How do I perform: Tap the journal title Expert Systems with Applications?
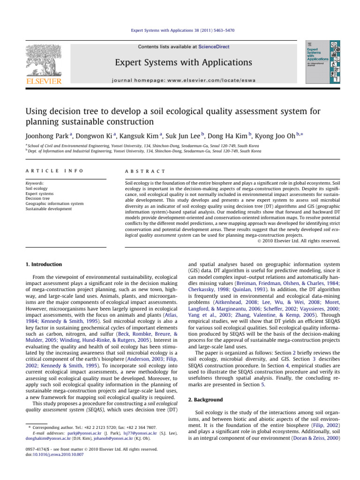coord(180,62)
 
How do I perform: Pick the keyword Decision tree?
coord(38,198)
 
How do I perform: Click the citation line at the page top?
coord(180,30)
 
